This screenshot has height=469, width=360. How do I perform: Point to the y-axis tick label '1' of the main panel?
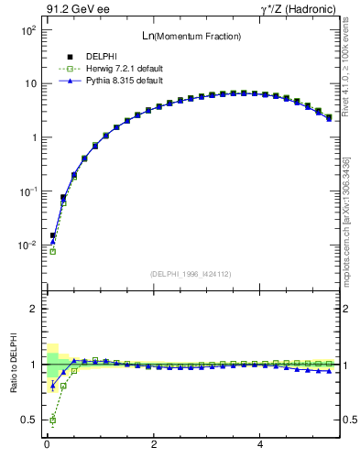(x=32, y=137)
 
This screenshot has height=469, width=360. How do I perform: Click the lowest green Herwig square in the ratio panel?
(x=52, y=420)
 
